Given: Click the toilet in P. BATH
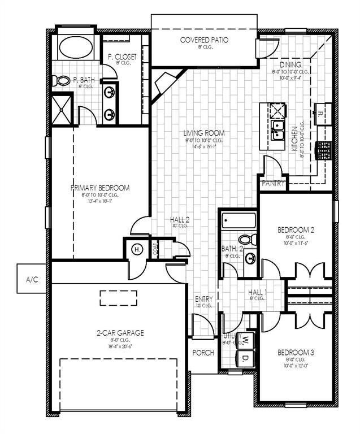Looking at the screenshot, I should pos(64,81).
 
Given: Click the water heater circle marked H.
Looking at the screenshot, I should pos(137,249).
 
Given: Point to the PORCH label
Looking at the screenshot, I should pos(203,353).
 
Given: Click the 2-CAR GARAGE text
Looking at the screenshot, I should pos(119,333).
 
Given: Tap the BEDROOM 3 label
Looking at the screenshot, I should pos(296,353).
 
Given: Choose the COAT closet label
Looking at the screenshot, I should pos(154,249).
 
